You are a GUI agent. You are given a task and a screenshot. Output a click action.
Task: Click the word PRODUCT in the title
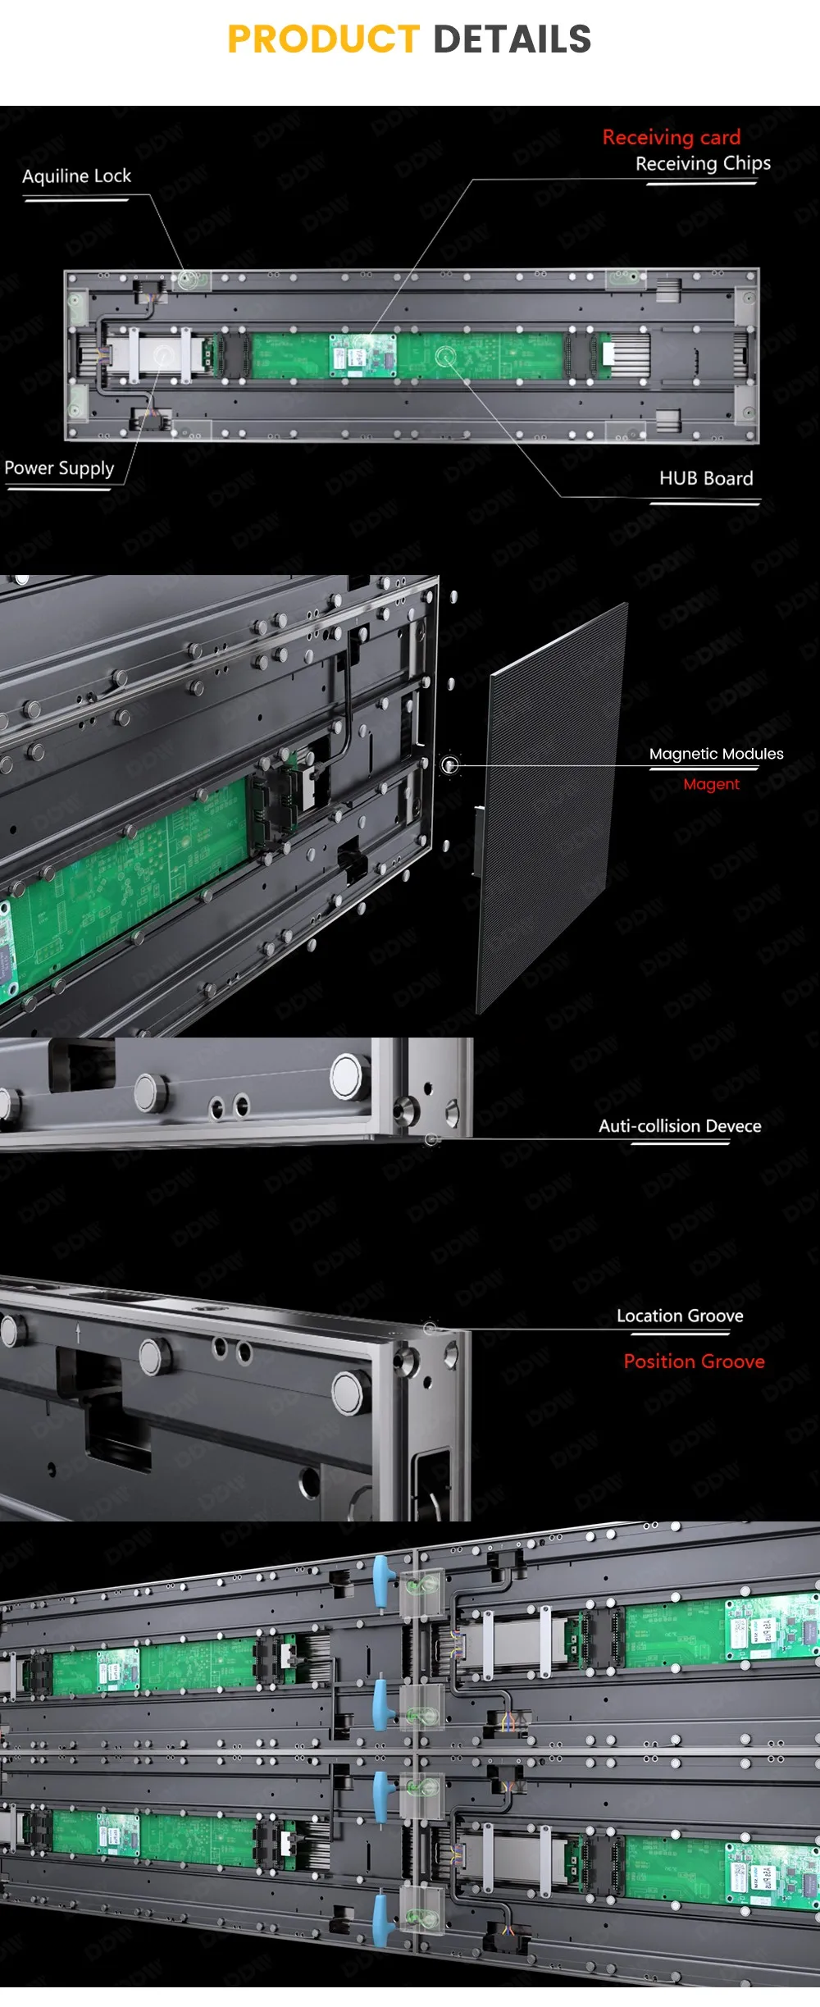pos(323,39)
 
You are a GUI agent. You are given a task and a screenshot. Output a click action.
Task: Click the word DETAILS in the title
pos(512,39)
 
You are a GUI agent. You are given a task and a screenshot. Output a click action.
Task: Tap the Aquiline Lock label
pos(76,176)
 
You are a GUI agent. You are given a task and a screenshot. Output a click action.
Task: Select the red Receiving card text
pos(671,137)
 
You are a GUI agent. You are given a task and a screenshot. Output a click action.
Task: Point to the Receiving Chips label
pos(703,163)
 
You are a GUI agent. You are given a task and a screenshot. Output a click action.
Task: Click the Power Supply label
pos(59,468)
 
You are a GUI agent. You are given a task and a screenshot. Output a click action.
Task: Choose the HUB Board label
pos(705,478)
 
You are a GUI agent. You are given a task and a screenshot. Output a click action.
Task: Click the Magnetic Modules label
pos(716,754)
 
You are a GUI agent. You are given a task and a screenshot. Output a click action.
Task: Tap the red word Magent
pos(711,784)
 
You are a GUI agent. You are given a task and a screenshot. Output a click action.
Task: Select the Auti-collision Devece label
pos(679,1126)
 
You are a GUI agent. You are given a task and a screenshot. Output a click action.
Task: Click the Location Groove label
pos(680,1316)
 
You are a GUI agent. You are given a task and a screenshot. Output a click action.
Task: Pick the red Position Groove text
pos(694,1362)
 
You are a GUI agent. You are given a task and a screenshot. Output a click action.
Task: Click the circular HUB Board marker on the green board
pos(445,357)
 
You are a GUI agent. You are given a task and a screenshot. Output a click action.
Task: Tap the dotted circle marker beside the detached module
pos(449,765)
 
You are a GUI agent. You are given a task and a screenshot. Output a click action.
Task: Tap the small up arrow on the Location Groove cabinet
pos(79,1333)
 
